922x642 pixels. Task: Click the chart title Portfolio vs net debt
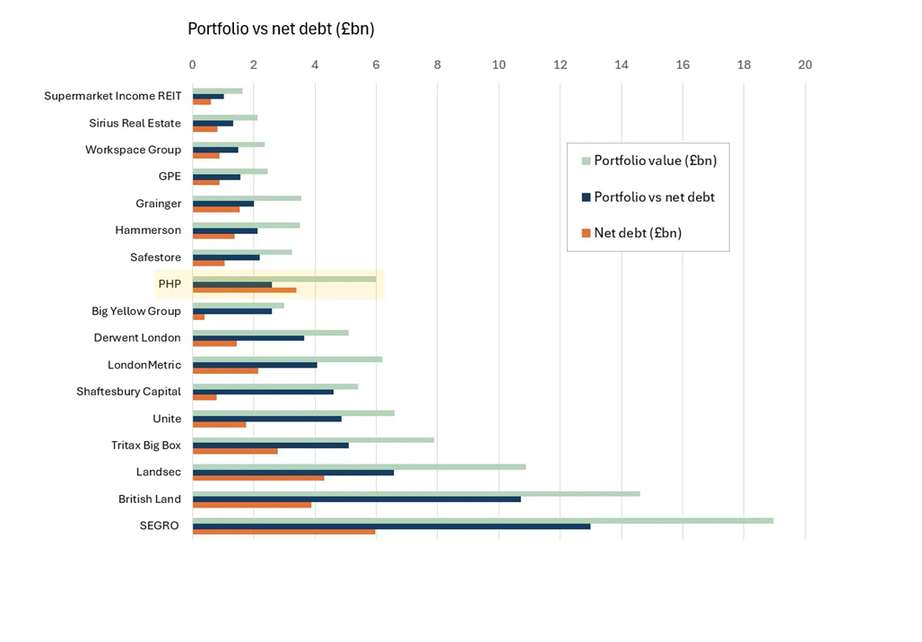(281, 30)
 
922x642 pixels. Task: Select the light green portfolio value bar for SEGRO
(483, 520)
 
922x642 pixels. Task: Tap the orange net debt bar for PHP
(244, 291)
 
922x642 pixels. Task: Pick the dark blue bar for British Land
(356, 499)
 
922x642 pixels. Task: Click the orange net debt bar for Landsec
(258, 478)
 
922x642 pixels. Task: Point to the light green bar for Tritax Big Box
(313, 439)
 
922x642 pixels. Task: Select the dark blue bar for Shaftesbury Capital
(263, 392)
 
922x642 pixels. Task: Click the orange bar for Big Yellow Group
(198, 317)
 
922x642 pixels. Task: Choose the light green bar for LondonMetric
(287, 359)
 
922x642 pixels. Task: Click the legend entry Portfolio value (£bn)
(655, 161)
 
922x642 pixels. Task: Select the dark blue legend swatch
(587, 197)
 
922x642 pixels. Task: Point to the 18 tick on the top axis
(744, 65)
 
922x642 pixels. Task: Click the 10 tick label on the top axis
(499, 65)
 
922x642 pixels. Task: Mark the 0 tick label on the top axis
(193, 65)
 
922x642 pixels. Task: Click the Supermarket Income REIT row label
(113, 96)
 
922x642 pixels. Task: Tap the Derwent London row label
(137, 338)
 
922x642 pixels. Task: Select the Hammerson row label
(148, 230)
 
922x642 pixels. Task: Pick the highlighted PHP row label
(170, 284)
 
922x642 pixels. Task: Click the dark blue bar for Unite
(266, 419)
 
